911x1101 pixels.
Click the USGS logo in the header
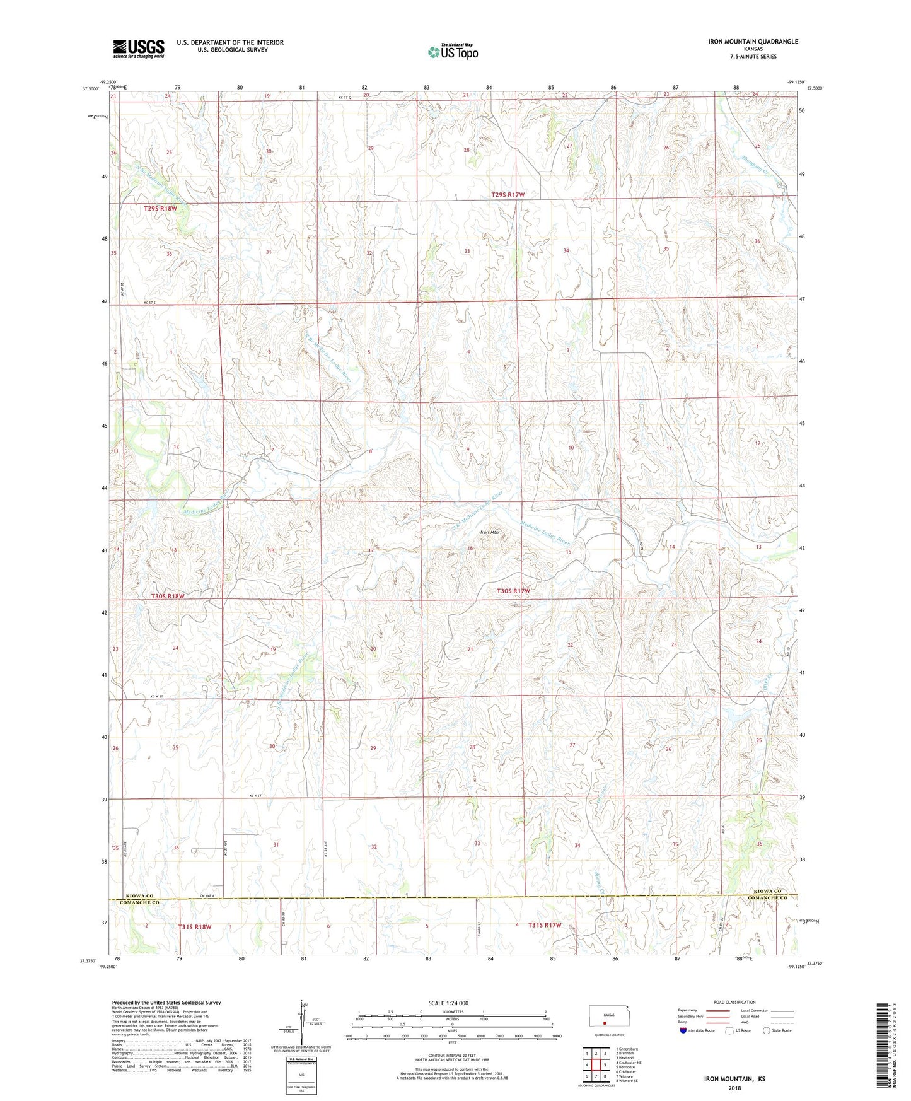pos(138,49)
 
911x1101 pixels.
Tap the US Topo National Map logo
pos(452,51)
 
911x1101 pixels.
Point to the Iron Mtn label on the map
pos(489,532)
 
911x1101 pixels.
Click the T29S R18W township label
pos(160,208)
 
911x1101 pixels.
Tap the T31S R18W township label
pos(195,927)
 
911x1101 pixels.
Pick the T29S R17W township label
pos(508,195)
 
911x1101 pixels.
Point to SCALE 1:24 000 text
pos(448,1003)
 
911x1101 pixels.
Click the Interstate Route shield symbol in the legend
pos(684,1030)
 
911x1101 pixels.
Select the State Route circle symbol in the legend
pos(766,1030)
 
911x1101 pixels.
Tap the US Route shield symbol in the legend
pos(730,1030)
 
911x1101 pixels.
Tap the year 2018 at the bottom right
pos(734,1088)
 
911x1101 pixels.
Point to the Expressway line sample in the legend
pos(718,1011)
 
